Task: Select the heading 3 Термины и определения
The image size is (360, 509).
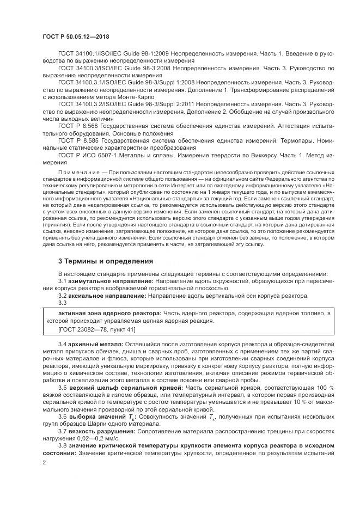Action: [x=106, y=261]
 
